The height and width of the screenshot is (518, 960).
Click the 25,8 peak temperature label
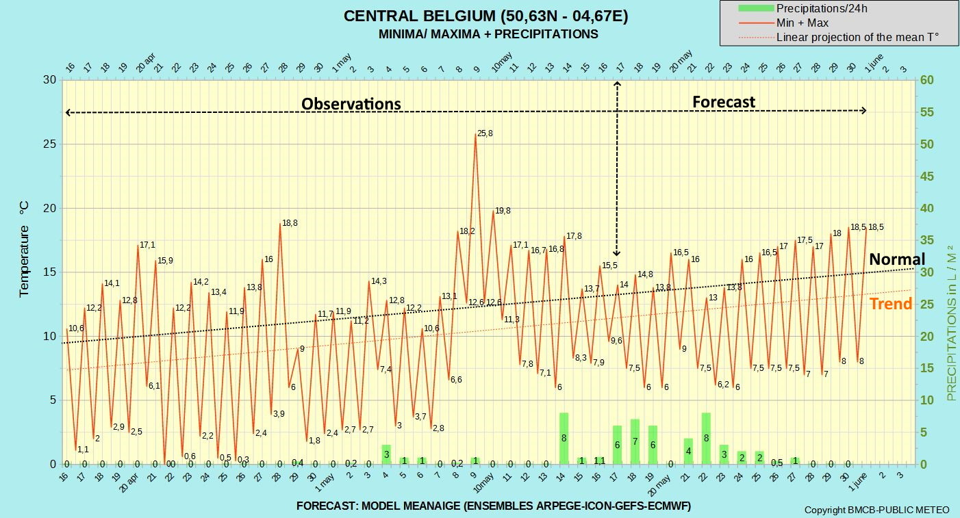point(485,133)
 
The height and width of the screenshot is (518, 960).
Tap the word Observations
point(351,104)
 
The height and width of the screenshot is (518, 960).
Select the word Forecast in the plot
point(724,102)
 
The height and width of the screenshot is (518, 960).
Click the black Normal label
point(897,259)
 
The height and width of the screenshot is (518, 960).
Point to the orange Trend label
point(891,304)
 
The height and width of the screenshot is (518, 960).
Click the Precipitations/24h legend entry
point(803,9)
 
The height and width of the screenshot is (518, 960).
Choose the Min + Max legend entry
point(783,23)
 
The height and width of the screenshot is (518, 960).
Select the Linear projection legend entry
point(839,37)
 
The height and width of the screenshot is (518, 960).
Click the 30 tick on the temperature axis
point(50,79)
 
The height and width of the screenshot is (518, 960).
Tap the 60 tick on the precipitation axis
point(926,79)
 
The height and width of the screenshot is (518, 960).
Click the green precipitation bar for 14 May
point(564,439)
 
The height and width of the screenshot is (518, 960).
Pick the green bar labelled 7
point(635,441)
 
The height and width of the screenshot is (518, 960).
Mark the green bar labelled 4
point(688,451)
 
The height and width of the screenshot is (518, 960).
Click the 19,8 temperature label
point(503,211)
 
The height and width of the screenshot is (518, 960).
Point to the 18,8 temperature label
point(290,223)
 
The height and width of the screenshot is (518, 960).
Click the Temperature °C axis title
point(24,249)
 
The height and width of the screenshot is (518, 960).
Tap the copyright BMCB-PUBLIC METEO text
point(877,510)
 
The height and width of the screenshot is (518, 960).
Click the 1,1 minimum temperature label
point(83,450)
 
